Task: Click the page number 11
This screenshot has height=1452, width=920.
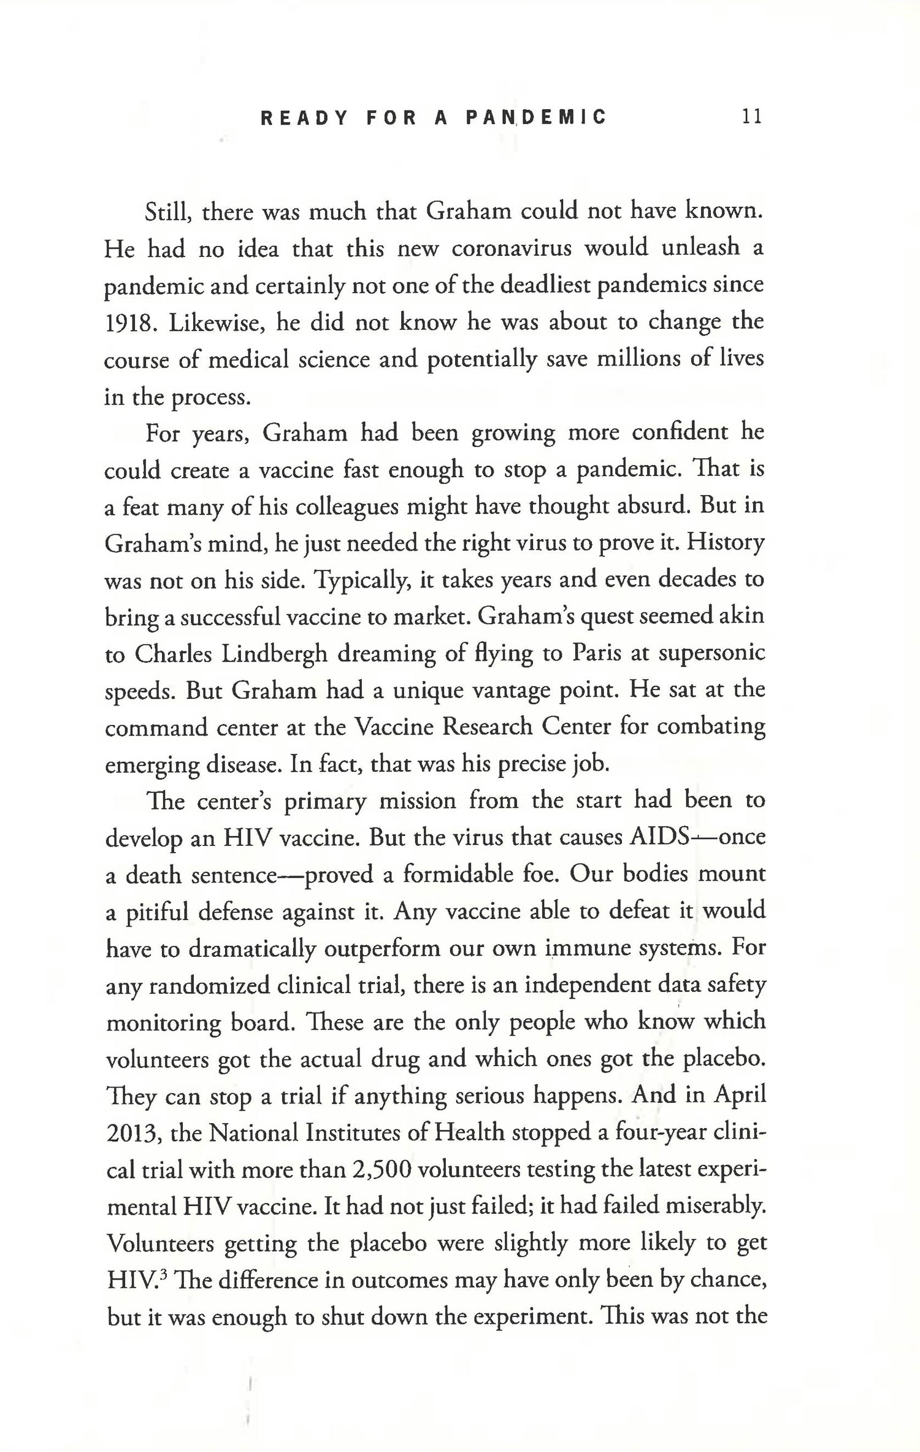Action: [x=751, y=117]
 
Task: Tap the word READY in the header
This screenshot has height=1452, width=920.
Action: [x=304, y=117]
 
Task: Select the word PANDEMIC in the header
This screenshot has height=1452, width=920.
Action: [x=536, y=117]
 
